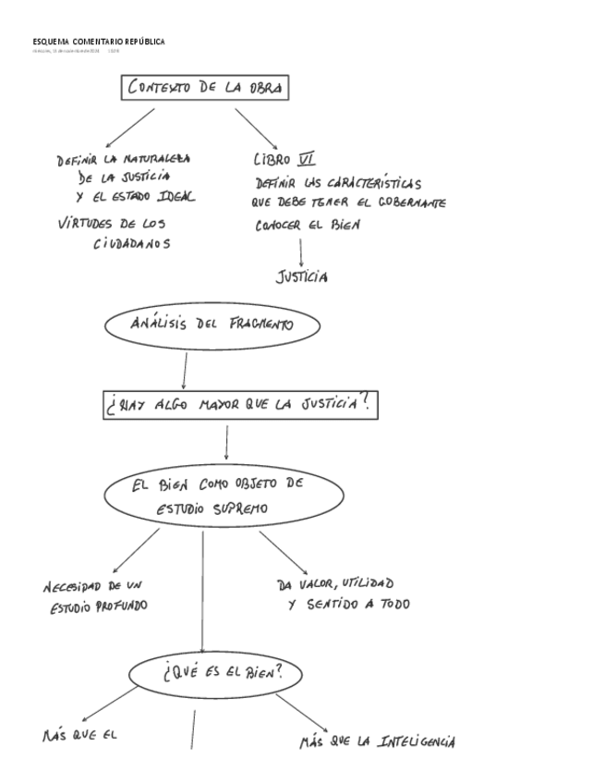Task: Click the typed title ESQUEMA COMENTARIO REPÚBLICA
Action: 99,43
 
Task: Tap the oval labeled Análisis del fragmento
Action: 213,325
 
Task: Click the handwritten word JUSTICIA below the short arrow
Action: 301,276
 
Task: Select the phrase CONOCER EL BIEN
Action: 309,225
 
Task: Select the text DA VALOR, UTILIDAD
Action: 334,584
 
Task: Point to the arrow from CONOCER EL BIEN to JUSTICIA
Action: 301,251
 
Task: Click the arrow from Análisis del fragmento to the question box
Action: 185,369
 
